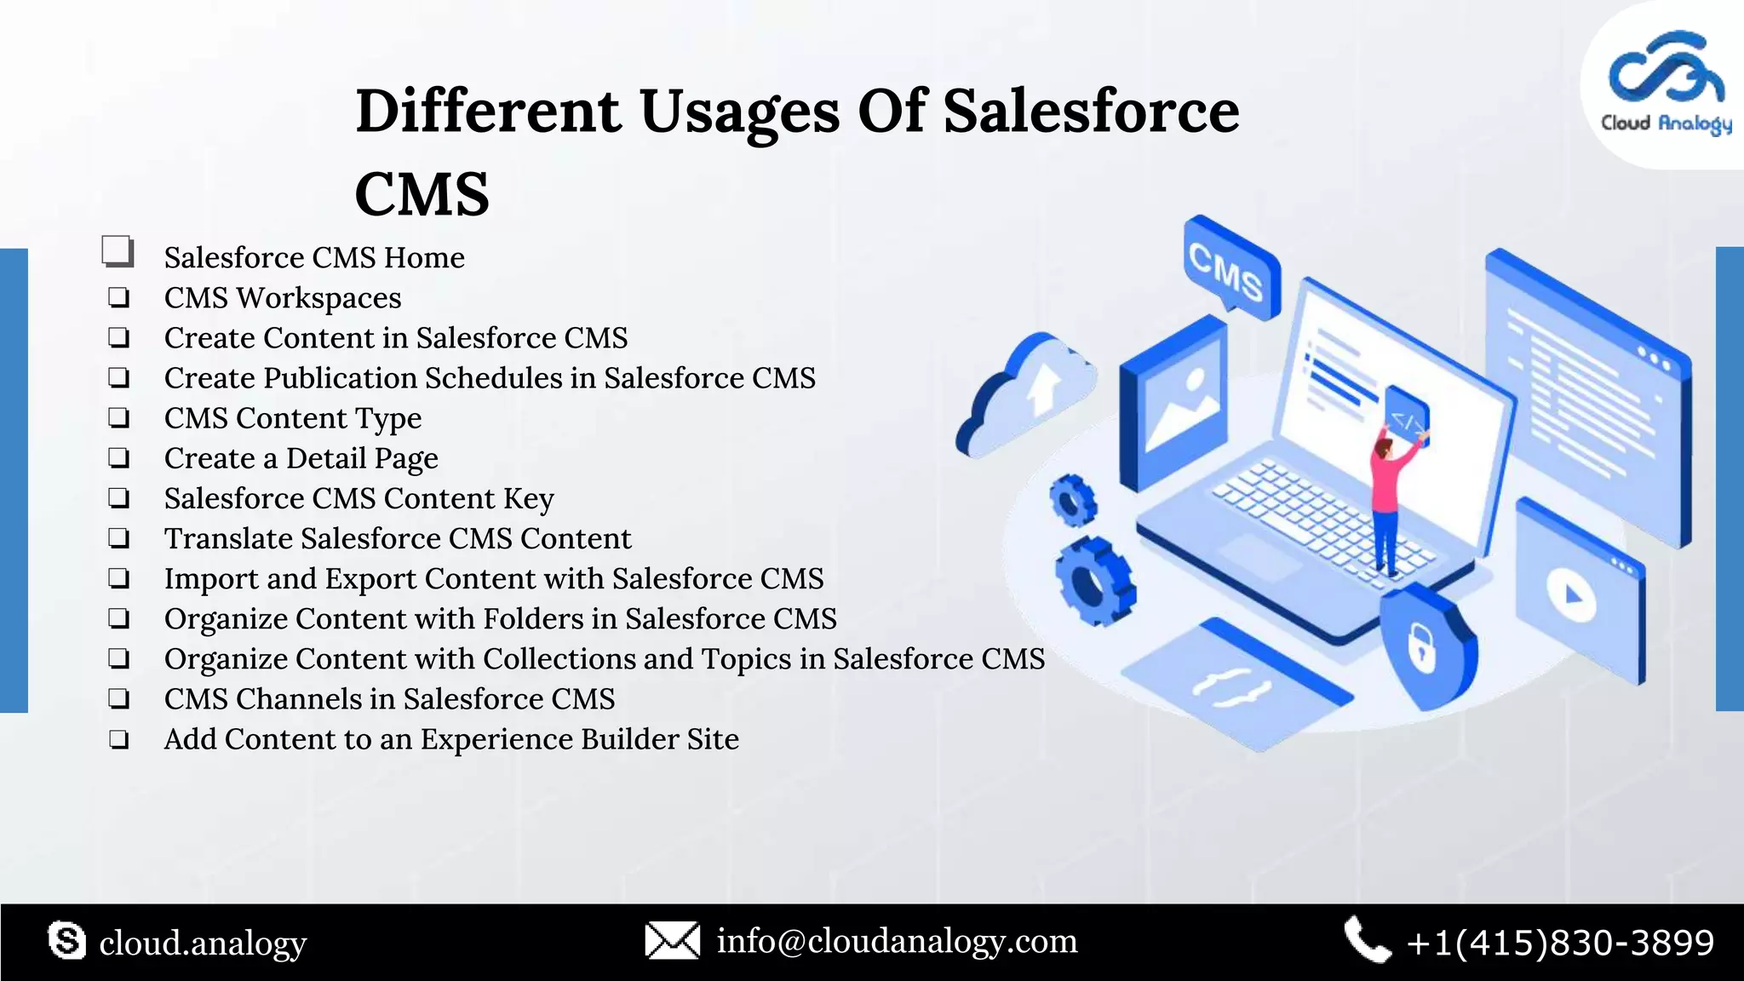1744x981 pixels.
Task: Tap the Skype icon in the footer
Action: tap(67, 941)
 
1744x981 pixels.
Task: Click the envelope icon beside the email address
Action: tap(672, 941)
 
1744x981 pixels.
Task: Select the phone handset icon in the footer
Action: tap(1366, 940)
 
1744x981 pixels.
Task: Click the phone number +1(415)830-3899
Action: tap(1560, 943)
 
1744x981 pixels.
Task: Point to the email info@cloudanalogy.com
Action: tap(897, 941)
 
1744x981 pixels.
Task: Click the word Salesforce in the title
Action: tap(1091, 112)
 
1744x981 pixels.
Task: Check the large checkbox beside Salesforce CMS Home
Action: tap(118, 252)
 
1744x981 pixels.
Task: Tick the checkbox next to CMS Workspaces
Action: tap(119, 298)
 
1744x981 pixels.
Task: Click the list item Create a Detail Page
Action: tap(301, 458)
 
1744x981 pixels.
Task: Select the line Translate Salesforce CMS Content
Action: tap(398, 538)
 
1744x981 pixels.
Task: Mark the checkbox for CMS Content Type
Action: tap(119, 418)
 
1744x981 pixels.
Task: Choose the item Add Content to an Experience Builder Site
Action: tap(451, 739)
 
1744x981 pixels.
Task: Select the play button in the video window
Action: tap(1572, 595)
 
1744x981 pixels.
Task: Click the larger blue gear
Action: tap(1094, 582)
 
